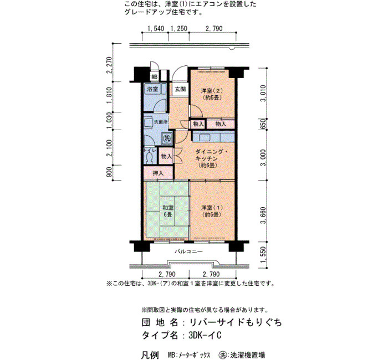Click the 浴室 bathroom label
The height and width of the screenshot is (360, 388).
(152, 89)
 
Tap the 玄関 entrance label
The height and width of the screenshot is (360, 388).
(180, 89)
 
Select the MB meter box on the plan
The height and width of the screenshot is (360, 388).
(155, 76)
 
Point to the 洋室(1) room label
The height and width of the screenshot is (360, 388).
(212, 211)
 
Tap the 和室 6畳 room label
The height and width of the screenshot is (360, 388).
(168, 211)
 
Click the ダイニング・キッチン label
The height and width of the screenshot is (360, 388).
(210, 158)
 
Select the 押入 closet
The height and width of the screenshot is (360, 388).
(159, 173)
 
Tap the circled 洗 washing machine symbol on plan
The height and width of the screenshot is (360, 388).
(167, 138)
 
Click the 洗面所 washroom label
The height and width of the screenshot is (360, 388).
(161, 122)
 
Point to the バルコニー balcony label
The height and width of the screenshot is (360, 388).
(189, 251)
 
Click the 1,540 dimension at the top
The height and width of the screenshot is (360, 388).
(156, 28)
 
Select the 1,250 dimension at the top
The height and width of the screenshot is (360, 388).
(179, 28)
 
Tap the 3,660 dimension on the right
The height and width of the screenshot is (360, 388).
(263, 215)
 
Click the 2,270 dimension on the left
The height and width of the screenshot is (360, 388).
(109, 65)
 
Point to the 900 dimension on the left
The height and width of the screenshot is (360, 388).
(109, 172)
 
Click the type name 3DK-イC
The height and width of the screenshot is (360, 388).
(205, 336)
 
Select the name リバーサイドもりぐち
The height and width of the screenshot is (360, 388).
(236, 322)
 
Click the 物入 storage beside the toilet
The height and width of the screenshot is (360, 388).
(166, 156)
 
